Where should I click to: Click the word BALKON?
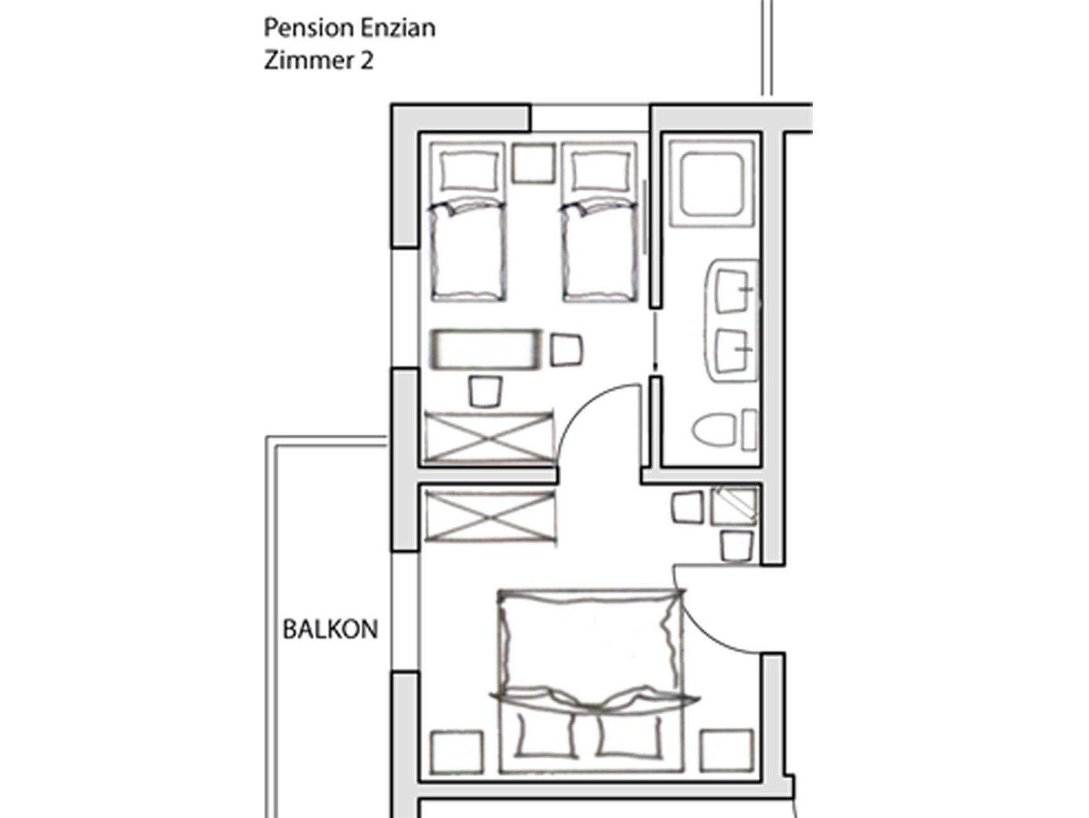click(330, 629)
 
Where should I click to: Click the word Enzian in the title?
click(398, 28)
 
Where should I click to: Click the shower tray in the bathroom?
click(711, 183)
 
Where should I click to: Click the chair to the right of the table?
click(566, 350)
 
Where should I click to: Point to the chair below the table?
click(485, 392)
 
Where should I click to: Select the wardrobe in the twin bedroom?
click(488, 437)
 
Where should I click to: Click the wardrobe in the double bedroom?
click(489, 516)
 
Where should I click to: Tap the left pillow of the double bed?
click(546, 734)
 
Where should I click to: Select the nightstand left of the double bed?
click(457, 752)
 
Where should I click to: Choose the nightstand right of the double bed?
click(726, 750)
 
